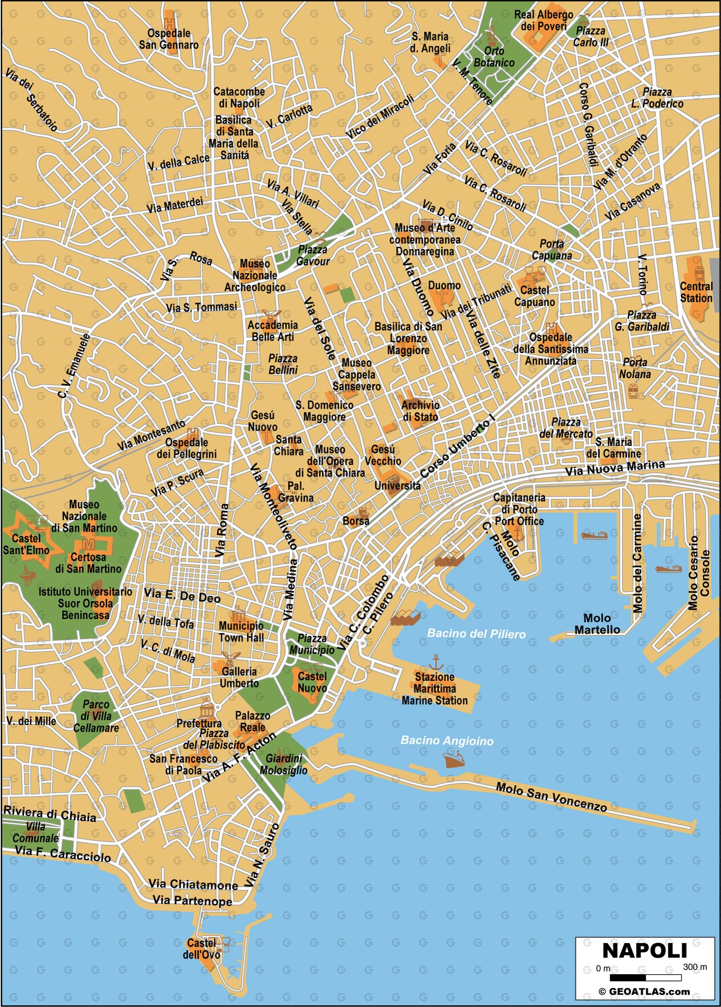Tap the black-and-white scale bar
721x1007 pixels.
coord(645,977)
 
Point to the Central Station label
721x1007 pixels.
coord(696,292)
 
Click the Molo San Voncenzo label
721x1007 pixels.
coord(551,797)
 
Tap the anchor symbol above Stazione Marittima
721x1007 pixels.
coord(435,662)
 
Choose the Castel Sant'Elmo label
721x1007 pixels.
coord(26,544)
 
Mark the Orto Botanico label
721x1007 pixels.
coord(494,57)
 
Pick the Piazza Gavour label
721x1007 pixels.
coord(313,255)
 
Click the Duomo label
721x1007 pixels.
coord(444,285)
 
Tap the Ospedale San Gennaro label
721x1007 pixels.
coord(169,39)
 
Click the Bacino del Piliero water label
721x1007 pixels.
coord(476,633)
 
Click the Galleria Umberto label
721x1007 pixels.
coord(239,678)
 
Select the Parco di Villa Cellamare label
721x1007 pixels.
coord(96,716)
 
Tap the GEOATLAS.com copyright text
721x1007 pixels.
coord(644,992)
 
